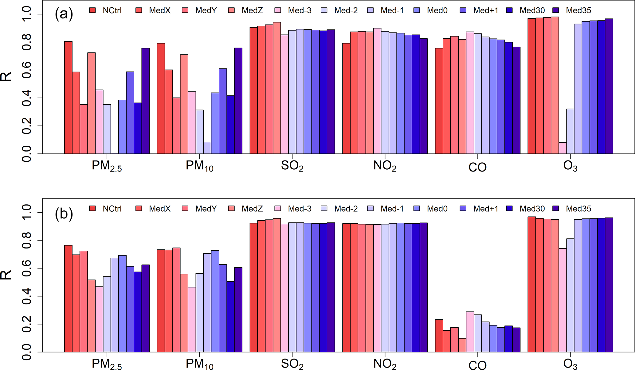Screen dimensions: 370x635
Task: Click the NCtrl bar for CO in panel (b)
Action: click(x=439, y=336)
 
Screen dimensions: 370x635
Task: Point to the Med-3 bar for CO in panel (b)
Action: click(x=470, y=332)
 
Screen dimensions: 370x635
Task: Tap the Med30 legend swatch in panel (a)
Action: click(x=509, y=10)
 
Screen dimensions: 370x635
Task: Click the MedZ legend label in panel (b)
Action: click(x=252, y=209)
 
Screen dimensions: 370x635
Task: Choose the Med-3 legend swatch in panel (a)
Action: click(x=278, y=10)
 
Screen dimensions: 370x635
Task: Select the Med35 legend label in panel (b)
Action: click(x=578, y=209)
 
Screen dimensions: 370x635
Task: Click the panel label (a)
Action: click(x=64, y=14)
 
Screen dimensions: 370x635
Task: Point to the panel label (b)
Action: click(x=64, y=214)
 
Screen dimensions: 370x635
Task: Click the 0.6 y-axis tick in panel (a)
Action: click(x=27, y=70)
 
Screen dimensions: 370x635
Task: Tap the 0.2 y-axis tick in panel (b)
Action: click(x=27, y=324)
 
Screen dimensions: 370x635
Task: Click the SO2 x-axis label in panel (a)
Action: click(x=292, y=166)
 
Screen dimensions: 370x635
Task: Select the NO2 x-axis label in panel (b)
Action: click(x=385, y=364)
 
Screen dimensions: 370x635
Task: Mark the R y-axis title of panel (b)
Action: click(x=6, y=275)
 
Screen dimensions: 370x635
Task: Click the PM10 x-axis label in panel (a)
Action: click(x=199, y=166)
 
